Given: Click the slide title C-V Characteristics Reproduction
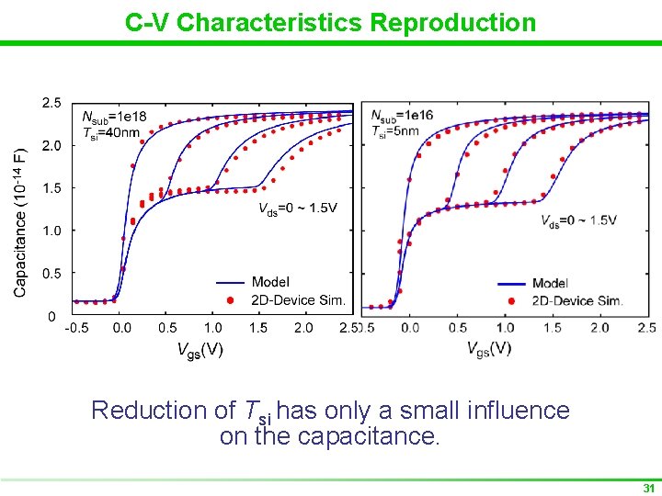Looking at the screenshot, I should (330, 22).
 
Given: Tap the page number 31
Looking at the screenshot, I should (649, 488).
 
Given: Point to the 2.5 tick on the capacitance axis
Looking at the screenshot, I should (52, 103).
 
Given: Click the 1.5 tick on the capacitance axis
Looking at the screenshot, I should (52, 188).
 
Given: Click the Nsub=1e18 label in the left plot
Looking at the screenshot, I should (113, 117).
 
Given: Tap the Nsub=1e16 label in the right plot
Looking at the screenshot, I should (402, 116).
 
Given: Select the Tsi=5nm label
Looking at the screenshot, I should (395, 131).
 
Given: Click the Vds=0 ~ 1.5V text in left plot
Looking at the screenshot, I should (297, 208).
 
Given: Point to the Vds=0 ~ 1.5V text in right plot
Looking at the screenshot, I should (578, 220).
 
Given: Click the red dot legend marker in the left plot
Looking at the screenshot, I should (232, 299).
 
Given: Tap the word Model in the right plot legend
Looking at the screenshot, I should (550, 283).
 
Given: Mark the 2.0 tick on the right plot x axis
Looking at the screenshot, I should (599, 328).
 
